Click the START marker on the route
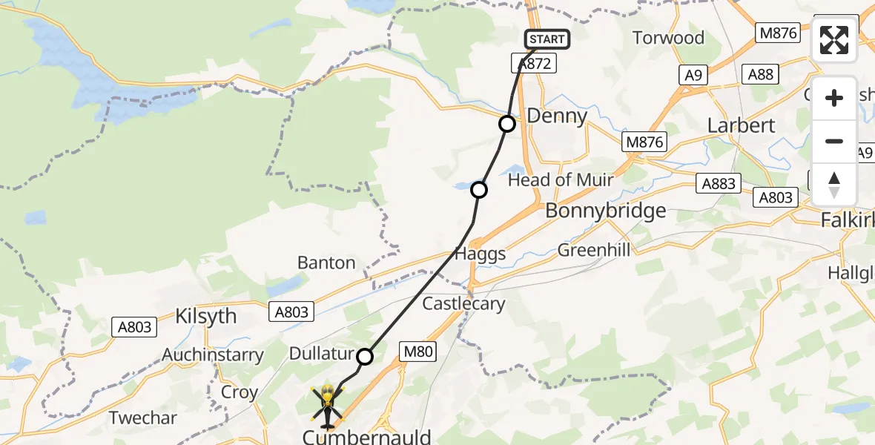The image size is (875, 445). [547, 39]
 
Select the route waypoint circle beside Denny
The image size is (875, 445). [506, 124]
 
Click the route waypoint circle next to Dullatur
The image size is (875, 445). [364, 357]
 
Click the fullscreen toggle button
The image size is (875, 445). [834, 40]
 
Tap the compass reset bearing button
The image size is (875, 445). [834, 185]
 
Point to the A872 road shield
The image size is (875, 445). [535, 64]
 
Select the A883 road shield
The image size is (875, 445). [718, 183]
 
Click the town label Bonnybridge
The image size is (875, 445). [605, 211]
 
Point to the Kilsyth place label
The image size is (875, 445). [205, 316]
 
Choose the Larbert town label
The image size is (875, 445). [741, 125]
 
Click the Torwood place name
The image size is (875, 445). [668, 37]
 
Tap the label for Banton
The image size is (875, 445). [326, 263]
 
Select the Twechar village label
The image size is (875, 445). [143, 418]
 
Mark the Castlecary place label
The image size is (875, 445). [463, 303]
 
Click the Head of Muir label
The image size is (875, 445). [561, 179]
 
